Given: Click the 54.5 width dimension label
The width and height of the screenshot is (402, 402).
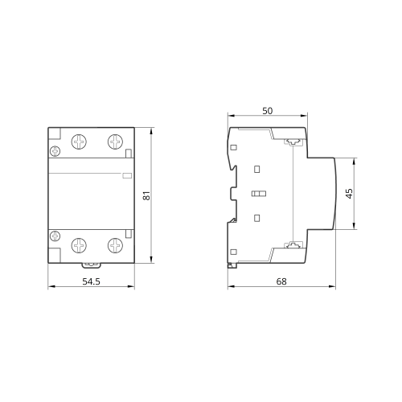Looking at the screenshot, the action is click(91, 281).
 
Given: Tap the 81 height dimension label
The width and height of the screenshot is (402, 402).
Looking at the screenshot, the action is click(146, 195).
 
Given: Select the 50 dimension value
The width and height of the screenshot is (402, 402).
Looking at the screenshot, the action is click(268, 111).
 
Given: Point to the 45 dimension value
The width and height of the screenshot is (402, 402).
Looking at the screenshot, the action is click(349, 194).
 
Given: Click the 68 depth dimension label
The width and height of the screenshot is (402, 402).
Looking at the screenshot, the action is click(281, 281).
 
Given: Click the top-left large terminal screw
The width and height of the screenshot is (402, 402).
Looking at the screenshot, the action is click(79, 142).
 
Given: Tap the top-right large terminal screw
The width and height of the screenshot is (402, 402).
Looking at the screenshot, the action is click(116, 142).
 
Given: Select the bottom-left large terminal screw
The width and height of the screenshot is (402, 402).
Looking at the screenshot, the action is click(79, 245).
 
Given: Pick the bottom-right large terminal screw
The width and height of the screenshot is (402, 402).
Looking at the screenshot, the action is click(116, 245).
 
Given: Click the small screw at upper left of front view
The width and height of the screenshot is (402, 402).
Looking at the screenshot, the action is click(55, 151).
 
